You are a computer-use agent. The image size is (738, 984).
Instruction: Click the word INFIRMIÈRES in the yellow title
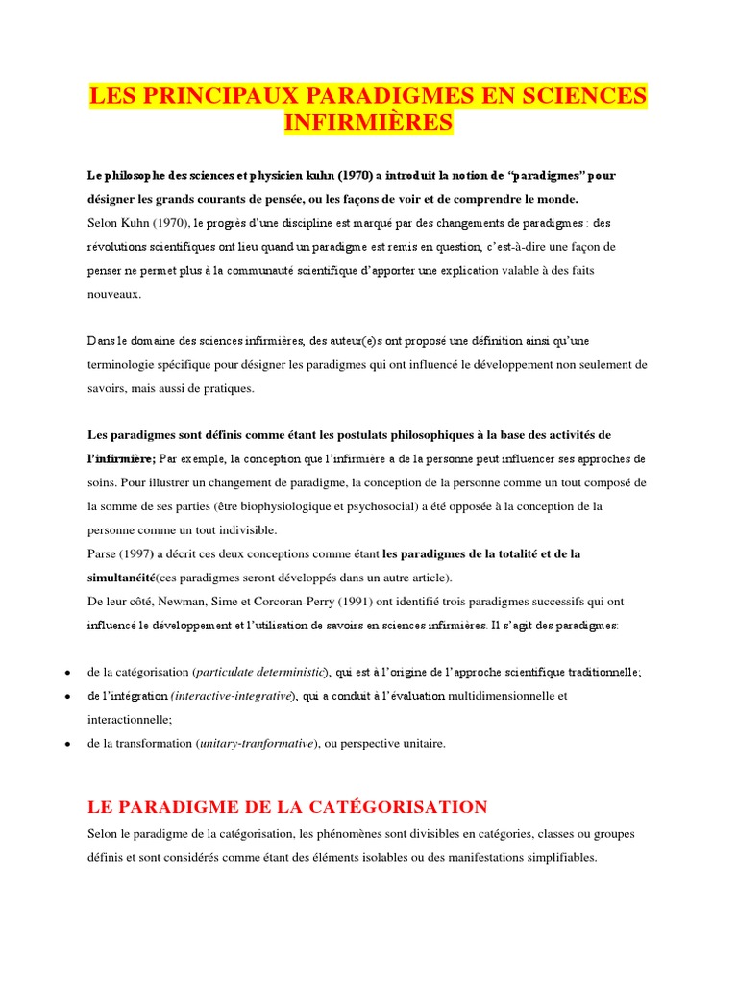click(369, 123)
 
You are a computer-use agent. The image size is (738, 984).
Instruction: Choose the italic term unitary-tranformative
click(258, 743)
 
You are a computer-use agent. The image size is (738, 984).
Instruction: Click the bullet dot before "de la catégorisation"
click(65, 673)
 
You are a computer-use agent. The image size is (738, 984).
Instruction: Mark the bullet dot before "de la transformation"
click(65, 744)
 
